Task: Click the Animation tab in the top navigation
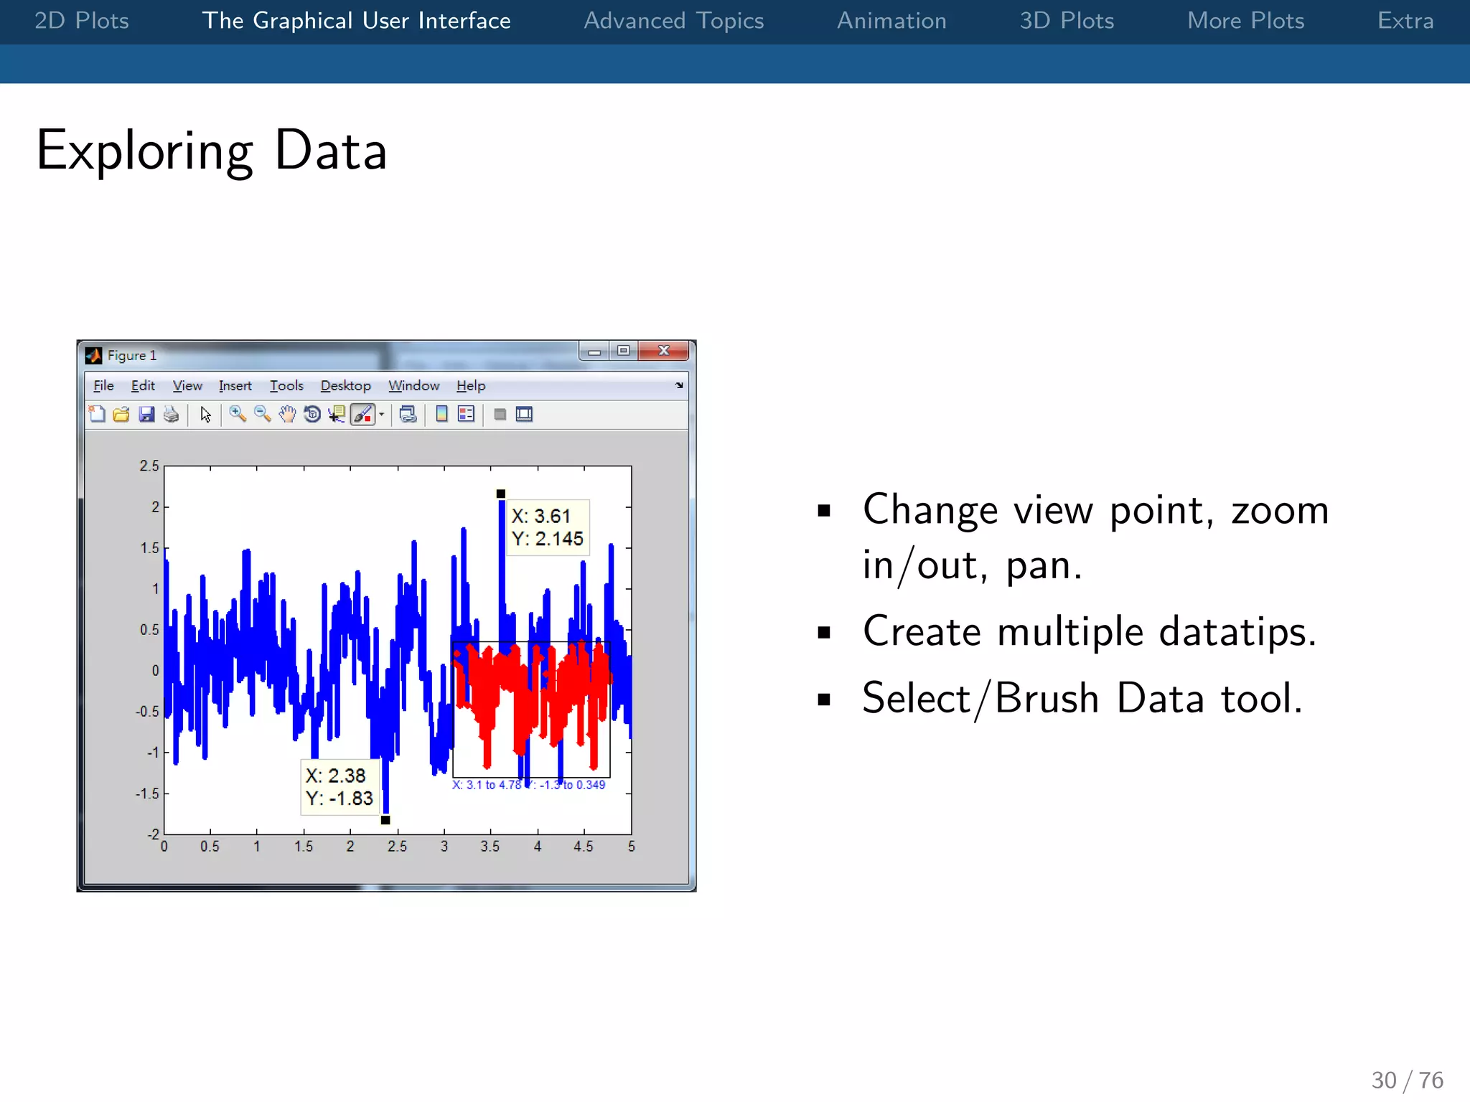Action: [891, 21]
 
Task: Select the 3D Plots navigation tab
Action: [1067, 21]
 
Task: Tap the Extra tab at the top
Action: [1405, 21]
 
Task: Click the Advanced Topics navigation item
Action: [673, 21]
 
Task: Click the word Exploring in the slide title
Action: [144, 151]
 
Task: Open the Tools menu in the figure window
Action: [286, 386]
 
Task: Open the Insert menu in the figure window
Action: [235, 386]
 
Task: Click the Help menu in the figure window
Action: [471, 386]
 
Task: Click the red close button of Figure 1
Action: [664, 351]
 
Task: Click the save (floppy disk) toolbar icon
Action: [146, 415]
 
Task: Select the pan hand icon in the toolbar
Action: [287, 415]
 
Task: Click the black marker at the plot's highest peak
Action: [501, 494]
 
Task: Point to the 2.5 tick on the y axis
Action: [149, 466]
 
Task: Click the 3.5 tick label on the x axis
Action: [490, 847]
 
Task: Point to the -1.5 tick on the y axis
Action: [147, 793]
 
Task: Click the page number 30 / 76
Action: [1406, 1080]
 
